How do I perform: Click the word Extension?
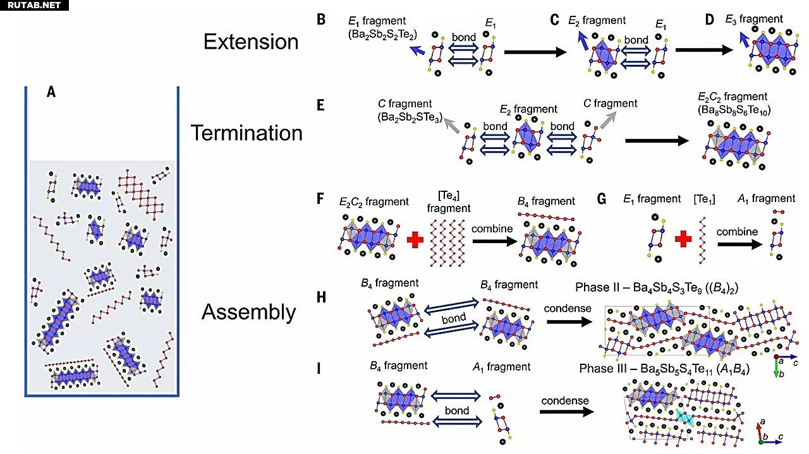[x=250, y=42]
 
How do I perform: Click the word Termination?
[x=246, y=133]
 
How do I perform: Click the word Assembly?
[x=248, y=312]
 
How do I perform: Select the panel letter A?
[x=51, y=92]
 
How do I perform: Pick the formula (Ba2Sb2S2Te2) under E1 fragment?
[x=378, y=34]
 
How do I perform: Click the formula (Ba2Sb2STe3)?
[x=405, y=116]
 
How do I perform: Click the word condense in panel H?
[x=568, y=308]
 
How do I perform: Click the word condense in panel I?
[x=564, y=400]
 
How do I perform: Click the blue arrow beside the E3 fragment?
[x=746, y=40]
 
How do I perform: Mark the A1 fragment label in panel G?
[x=766, y=199]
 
